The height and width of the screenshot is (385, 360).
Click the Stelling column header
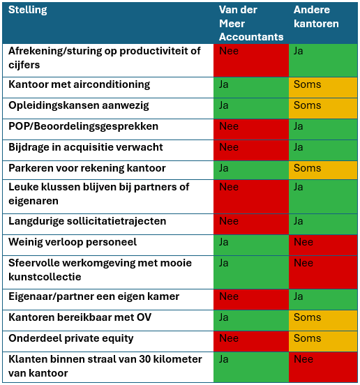point(27,10)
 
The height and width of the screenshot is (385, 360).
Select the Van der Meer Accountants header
point(251,23)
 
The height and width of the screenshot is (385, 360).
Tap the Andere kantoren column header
point(316,17)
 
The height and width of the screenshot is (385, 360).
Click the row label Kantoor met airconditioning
point(79,84)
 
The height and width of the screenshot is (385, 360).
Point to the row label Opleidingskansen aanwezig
point(79,105)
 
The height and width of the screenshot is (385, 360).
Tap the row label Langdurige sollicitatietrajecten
point(87,221)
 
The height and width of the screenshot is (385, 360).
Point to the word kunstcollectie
point(45,277)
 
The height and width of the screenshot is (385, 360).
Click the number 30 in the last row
point(145,359)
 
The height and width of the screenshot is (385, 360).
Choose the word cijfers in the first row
point(24,65)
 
